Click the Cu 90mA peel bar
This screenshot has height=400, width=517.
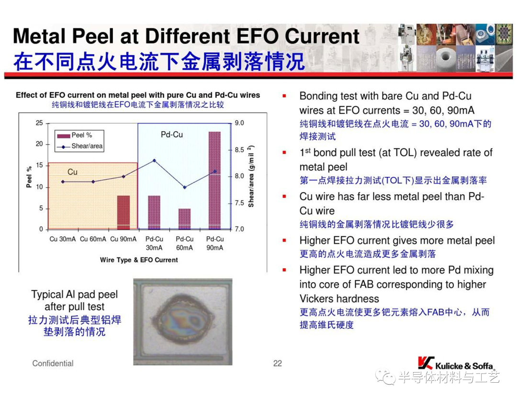[124, 212]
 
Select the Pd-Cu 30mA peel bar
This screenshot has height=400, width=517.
[154, 212]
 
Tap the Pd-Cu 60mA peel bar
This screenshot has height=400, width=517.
[185, 219]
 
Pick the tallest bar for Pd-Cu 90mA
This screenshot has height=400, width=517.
[214, 180]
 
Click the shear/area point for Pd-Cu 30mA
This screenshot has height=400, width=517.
[154, 161]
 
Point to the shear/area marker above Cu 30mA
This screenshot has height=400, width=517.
[63, 182]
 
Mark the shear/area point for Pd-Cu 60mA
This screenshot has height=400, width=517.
[185, 187]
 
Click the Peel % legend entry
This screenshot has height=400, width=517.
[75, 135]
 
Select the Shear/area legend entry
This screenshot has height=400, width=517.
[80, 146]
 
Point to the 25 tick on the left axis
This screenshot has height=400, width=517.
[39, 123]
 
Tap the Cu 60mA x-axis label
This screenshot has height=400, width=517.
[93, 239]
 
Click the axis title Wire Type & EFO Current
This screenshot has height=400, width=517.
[139, 260]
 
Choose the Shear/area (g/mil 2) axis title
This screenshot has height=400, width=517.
[251, 176]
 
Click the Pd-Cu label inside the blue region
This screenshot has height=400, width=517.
[172, 135]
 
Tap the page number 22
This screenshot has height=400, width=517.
[278, 364]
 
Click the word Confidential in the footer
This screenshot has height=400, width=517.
[53, 364]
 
